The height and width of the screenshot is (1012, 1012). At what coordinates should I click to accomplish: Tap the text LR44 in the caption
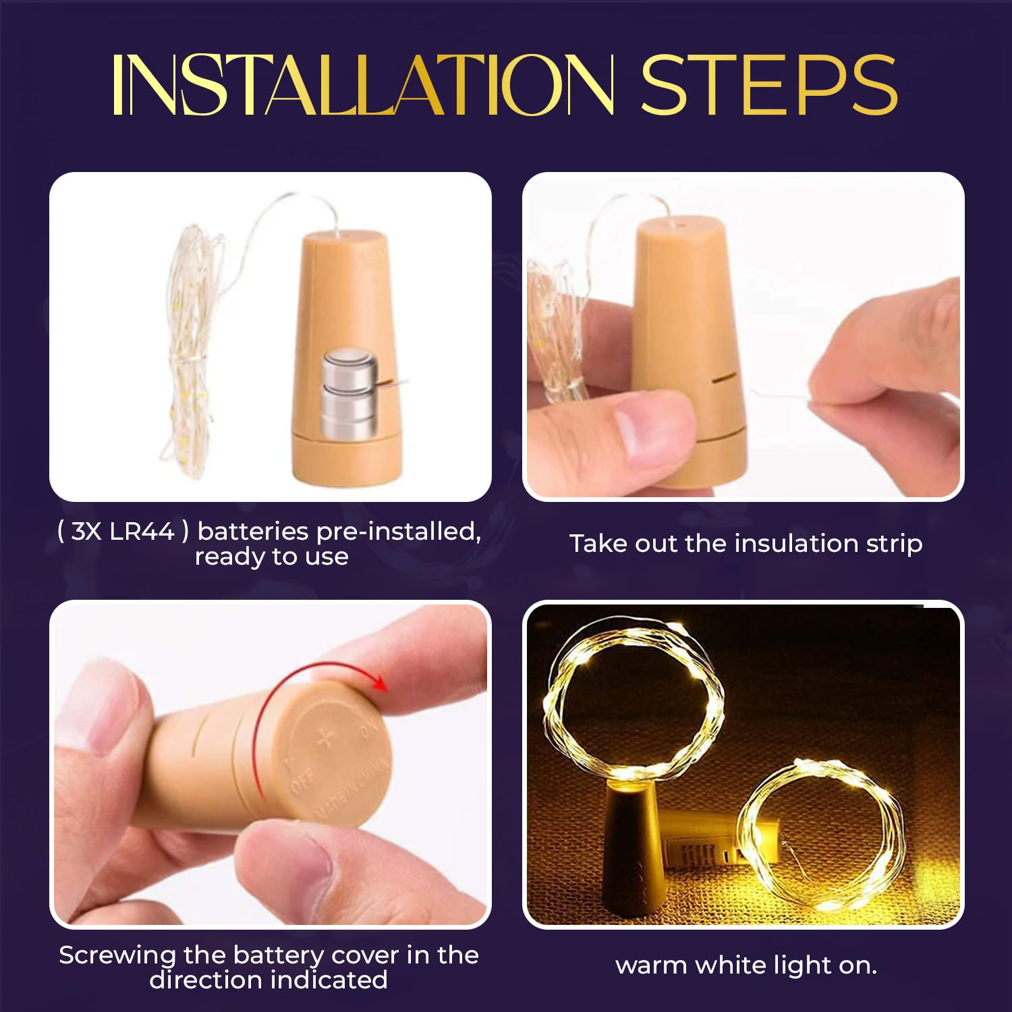point(142,532)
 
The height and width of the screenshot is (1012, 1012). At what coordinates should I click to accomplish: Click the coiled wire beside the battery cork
point(192,351)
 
